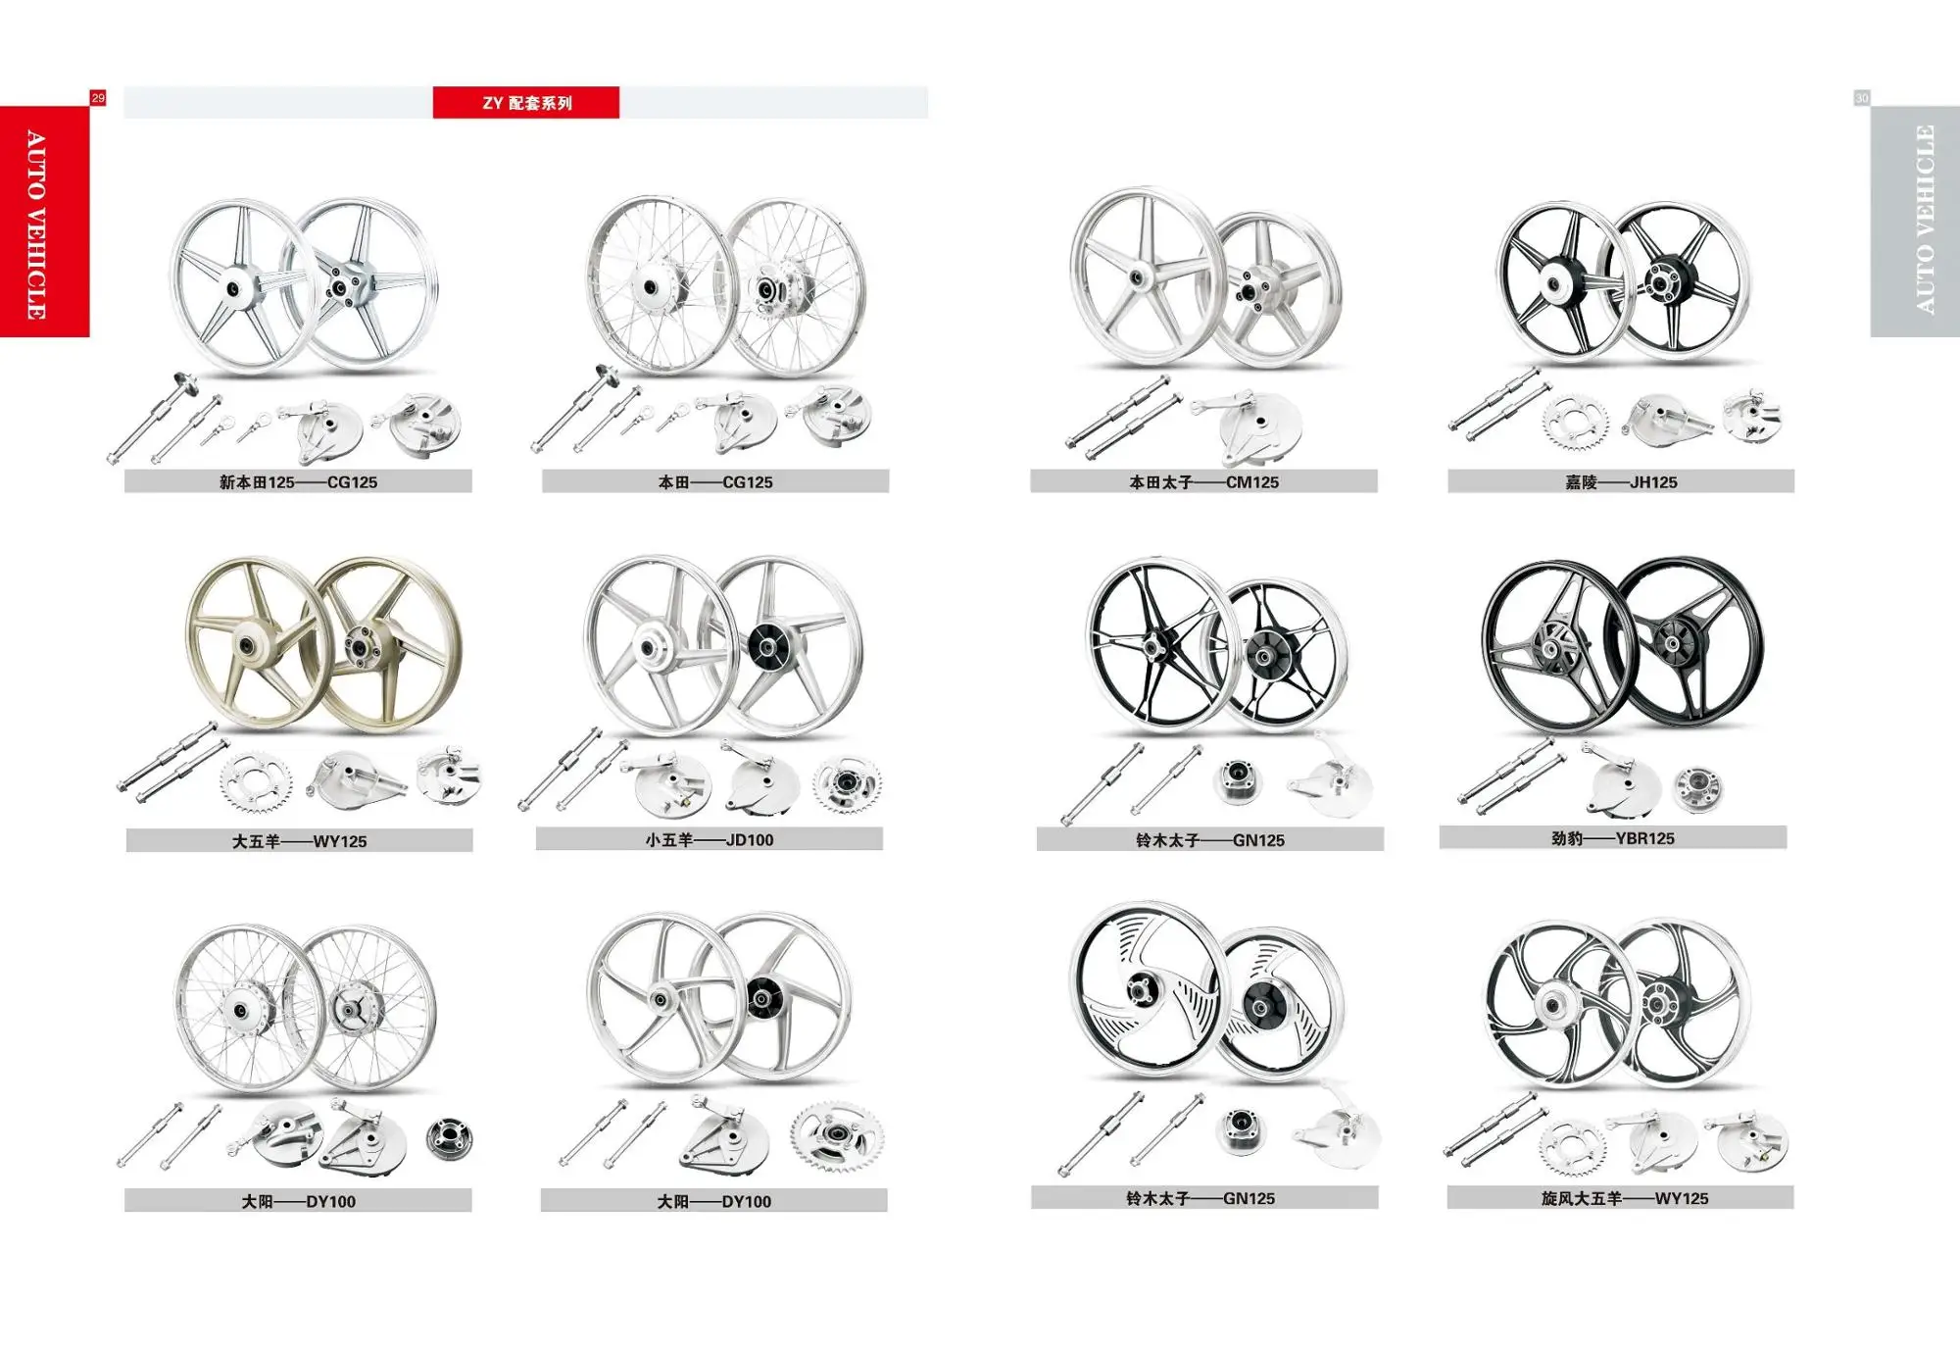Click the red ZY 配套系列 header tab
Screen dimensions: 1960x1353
pos(526,102)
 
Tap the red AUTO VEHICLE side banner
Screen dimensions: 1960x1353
pos(44,222)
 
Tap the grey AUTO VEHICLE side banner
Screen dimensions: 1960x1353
pos(1915,222)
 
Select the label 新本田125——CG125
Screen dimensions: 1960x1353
pos(298,481)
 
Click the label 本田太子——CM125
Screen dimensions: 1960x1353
pos(1203,481)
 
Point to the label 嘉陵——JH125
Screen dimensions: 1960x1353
pos(1621,481)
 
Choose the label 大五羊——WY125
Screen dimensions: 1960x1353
pos(299,841)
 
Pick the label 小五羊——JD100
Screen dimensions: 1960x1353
pos(710,840)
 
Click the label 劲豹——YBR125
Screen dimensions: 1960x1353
pos(1613,838)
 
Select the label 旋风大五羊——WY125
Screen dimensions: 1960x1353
pos(1624,1198)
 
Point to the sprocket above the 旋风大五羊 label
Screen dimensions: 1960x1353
pos(1574,1146)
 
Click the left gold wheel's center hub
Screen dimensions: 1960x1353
pos(243,646)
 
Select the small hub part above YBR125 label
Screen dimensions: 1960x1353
pos(1697,789)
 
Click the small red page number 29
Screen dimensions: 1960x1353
pos(98,98)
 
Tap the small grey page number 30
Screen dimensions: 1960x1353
pos(1862,98)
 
